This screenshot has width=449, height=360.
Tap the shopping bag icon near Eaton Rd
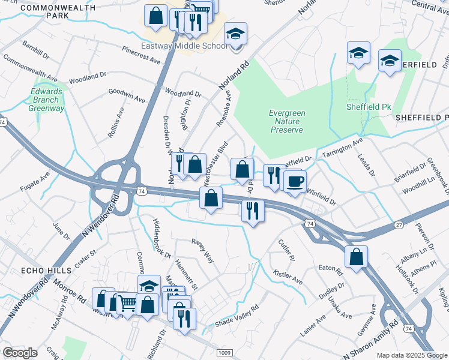(356, 257)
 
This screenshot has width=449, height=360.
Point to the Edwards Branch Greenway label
(47, 100)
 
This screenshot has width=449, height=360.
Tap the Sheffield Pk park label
(369, 107)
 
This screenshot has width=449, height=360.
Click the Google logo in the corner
(20, 353)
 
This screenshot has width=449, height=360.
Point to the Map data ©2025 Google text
(412, 355)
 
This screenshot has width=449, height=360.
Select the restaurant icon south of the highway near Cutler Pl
(253, 211)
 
